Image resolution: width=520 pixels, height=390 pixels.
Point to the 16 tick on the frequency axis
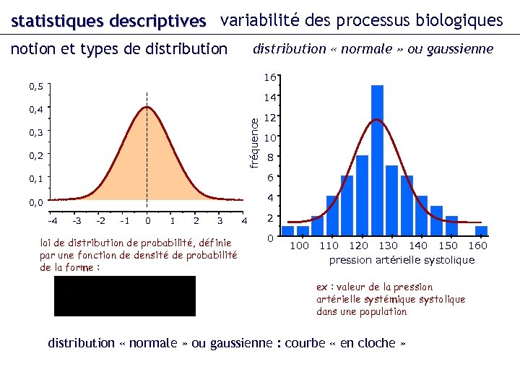point(269,77)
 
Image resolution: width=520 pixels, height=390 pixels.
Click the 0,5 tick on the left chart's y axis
point(36,87)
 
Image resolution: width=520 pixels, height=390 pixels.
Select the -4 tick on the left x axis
point(53,220)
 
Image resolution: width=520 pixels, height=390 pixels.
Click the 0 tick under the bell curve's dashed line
point(147,220)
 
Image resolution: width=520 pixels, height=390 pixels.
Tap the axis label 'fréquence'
point(253,143)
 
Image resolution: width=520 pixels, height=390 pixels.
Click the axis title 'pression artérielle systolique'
point(402,260)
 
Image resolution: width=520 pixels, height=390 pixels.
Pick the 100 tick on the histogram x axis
point(299,246)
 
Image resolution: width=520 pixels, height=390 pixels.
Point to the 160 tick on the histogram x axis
point(477,246)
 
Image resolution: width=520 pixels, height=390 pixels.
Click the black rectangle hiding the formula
point(124,296)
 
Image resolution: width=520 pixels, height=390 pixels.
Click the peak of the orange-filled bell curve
point(147,108)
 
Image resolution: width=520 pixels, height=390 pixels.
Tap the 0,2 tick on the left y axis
point(36,155)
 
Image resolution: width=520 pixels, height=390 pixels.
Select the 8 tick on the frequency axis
point(269,158)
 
